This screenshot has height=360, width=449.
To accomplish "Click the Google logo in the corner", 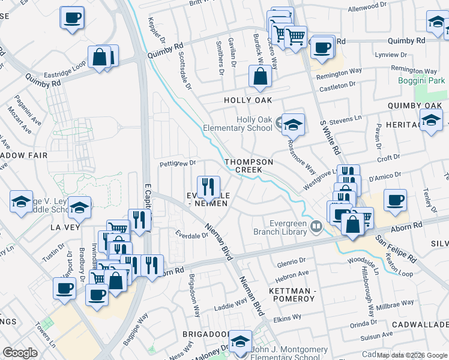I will pos(20,353).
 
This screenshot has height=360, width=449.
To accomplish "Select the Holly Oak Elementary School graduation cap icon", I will pos(293,125).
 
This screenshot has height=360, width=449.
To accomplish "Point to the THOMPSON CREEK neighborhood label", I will pos(249,166).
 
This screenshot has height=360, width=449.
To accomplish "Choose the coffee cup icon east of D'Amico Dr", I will pos(394,200).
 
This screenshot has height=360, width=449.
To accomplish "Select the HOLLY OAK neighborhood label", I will pos(248,100).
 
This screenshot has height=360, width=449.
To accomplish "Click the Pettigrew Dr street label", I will pos(177,163).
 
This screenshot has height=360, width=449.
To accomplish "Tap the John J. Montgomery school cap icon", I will pos(241,341).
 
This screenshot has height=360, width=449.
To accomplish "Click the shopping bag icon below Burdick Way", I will pos(260,76).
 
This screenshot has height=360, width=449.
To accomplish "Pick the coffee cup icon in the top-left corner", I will pos(72,17).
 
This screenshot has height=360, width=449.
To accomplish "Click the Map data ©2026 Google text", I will pos(411,355).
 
